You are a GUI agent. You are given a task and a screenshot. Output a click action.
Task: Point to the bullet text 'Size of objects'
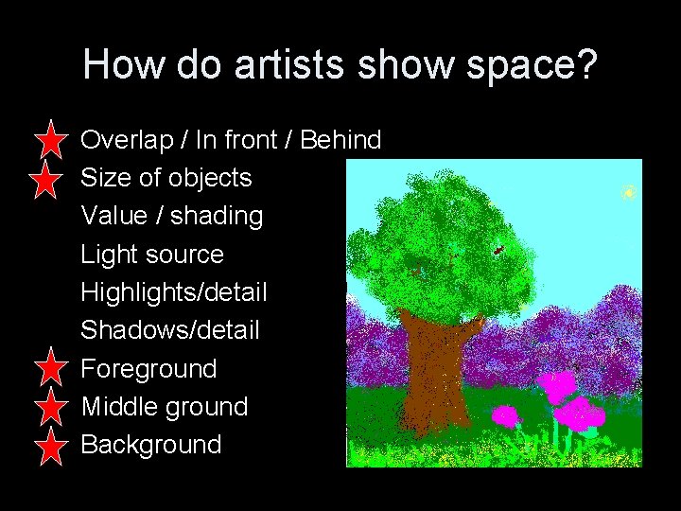(x=166, y=178)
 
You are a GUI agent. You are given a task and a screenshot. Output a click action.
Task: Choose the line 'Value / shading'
(x=172, y=216)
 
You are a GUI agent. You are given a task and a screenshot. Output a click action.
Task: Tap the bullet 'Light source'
(x=152, y=254)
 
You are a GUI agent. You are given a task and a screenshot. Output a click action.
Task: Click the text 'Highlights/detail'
(x=174, y=292)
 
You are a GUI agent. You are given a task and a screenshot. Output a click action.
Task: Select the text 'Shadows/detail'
(x=170, y=330)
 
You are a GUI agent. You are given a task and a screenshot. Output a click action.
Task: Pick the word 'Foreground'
(x=149, y=368)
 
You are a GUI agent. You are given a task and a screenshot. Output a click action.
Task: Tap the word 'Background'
(x=151, y=444)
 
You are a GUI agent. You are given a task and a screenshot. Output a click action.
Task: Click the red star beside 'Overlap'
(x=48, y=141)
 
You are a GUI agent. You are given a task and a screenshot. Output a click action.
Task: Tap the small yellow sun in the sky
(x=628, y=193)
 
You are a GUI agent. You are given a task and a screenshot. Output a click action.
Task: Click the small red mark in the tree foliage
(x=498, y=251)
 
